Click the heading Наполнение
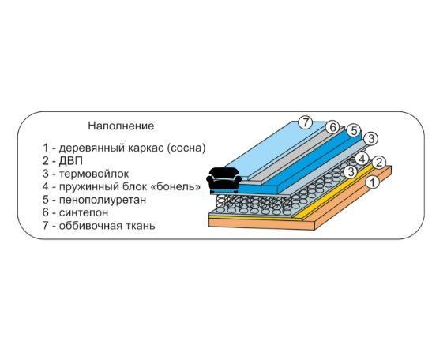(121, 126)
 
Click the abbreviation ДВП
(71, 161)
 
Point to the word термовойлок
(94, 174)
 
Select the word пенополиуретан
(103, 200)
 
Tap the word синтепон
(84, 212)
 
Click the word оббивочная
(92, 226)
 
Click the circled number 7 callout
(306, 122)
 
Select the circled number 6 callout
(332, 127)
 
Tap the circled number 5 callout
(354, 131)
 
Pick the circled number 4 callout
(362, 159)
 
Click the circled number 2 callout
(378, 162)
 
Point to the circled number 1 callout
(373, 182)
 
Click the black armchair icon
(223, 181)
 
